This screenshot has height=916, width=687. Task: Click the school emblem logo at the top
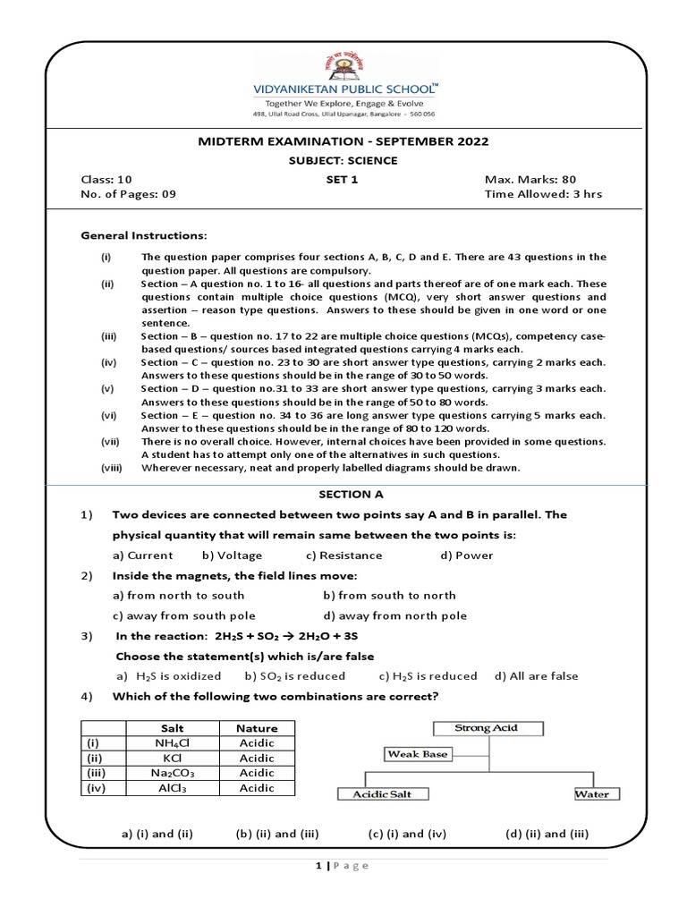[343, 68]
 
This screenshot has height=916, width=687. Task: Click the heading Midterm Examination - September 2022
[343, 141]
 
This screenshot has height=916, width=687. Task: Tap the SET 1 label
[343, 179]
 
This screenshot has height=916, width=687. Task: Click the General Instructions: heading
[144, 235]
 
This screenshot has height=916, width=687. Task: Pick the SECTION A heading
[343, 494]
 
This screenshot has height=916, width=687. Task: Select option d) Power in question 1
[466, 556]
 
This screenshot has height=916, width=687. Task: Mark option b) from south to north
[389, 595]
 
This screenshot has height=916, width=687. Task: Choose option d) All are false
[536, 676]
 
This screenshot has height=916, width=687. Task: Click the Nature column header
[257, 728]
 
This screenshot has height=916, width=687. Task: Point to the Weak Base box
[417, 754]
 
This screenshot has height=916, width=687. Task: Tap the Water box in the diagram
[592, 793]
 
